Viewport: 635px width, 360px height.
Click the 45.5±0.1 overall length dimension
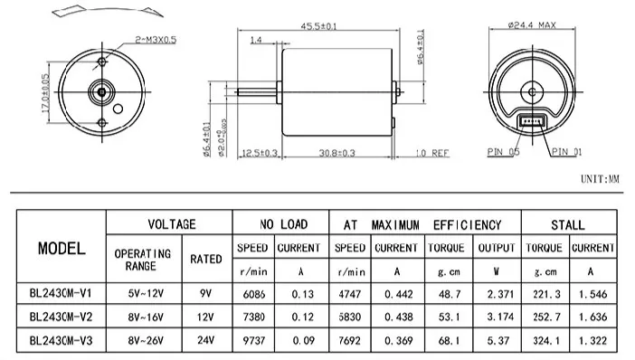pos(318,26)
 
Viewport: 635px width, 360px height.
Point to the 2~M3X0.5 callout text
pos(156,40)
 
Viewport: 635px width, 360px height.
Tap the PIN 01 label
pos(566,152)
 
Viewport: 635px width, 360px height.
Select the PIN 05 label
pos(503,152)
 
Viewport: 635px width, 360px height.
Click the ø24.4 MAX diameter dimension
pos(532,25)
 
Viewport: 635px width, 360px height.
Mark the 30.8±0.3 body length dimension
pos(336,153)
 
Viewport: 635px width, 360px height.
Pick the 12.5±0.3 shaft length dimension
pos(260,153)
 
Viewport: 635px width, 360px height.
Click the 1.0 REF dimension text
pos(432,153)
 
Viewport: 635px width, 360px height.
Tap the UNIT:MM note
pos(600,178)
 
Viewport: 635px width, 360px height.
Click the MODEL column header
pos(62,248)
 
